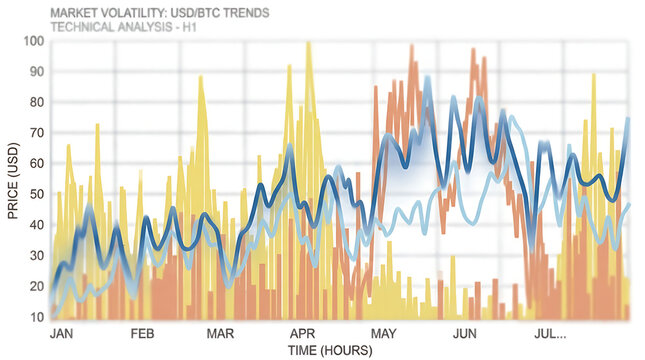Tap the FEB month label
click(142, 333)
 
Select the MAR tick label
click(220, 333)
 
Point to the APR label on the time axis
click(302, 333)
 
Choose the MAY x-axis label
click(385, 333)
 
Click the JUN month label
click(465, 333)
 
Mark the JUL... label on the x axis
click(550, 333)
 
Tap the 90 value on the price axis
click(36, 73)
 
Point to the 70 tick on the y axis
click(36, 134)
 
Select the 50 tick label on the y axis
click(36, 194)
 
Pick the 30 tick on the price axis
click(36, 256)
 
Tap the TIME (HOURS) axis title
click(329, 350)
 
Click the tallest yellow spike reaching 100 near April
click(308, 44)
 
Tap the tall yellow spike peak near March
click(201, 78)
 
